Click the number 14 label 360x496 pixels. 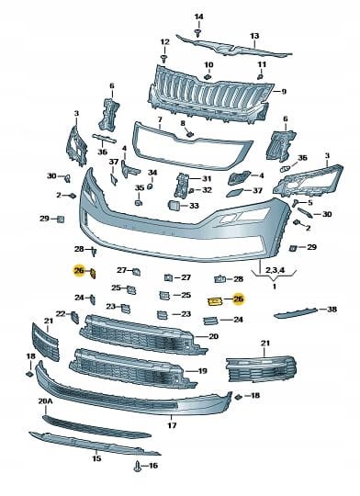tap(198, 17)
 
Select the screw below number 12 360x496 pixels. tap(164, 59)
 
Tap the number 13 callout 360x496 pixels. tap(254, 36)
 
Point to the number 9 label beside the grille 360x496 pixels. tap(284, 92)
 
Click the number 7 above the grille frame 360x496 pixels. tap(160, 120)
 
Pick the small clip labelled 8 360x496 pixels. tap(189, 134)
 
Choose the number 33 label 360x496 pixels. tap(194, 206)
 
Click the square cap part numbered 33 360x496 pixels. tap(174, 206)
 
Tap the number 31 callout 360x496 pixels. tap(207, 179)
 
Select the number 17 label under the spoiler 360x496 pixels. tap(172, 425)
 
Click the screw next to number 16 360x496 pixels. tap(138, 467)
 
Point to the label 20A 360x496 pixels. tap(45, 401)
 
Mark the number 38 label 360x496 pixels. tap(332, 309)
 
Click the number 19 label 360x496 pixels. tap(202, 371)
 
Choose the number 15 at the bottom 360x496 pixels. tap(96, 458)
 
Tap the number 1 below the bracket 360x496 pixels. tap(275, 287)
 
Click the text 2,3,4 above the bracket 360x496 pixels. tap(275, 270)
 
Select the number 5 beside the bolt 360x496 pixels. tap(309, 202)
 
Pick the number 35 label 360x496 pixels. tap(140, 188)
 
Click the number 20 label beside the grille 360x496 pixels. tap(213, 336)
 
